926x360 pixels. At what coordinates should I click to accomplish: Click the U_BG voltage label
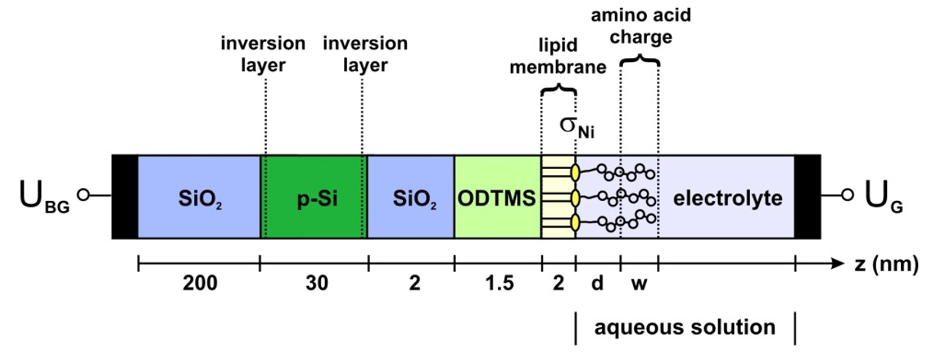[44, 198]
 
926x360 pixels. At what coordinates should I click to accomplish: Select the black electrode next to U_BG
[125, 196]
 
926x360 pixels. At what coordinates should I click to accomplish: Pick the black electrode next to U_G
[807, 196]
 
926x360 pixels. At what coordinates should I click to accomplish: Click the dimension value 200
[199, 285]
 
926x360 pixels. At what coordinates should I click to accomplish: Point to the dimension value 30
[314, 285]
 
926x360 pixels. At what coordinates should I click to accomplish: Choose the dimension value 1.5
[497, 285]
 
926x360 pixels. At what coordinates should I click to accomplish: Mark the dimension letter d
[597, 285]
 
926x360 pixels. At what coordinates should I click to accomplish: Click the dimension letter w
[638, 285]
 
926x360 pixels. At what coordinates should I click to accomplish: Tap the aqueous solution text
[685, 328]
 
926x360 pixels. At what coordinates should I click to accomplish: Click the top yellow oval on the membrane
[574, 171]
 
